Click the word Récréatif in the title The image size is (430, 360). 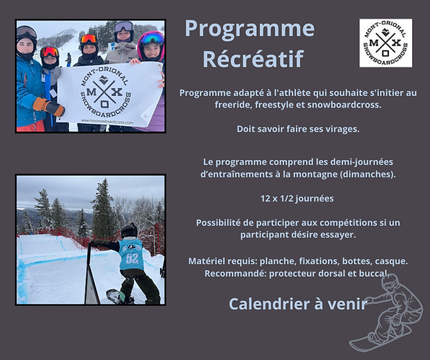(253, 59)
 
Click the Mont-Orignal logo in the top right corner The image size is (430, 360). (385, 43)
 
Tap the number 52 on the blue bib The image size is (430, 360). (132, 258)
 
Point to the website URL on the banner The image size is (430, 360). (107, 122)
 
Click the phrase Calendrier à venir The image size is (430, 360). (298, 303)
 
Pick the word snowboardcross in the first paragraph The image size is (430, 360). (344, 105)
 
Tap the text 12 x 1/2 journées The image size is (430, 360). (297, 199)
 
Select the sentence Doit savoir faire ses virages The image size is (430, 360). (298, 129)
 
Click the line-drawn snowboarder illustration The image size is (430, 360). (387, 313)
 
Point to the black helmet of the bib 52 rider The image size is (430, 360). (129, 230)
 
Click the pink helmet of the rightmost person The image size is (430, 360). (151, 44)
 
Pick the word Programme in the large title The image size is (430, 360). (250, 29)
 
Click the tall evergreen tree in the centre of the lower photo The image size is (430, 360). (103, 208)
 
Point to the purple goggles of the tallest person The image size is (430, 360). (124, 27)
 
